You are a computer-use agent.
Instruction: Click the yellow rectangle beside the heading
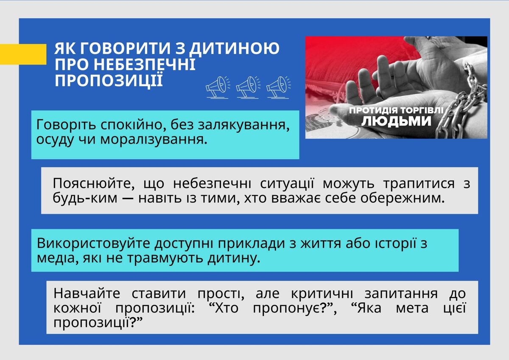click(x=23, y=54)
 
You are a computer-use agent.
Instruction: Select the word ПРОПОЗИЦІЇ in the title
click(x=109, y=80)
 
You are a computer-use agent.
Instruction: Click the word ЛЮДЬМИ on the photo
click(x=396, y=121)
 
